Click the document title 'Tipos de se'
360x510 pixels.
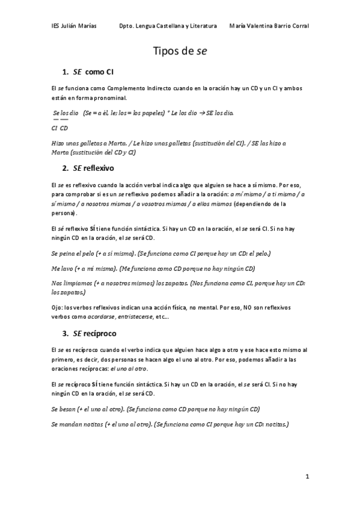pos(180,52)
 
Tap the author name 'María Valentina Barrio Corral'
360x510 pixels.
pos(269,26)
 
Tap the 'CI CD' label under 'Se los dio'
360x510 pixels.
pos(59,128)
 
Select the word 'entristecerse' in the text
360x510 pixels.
pos(133,317)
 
